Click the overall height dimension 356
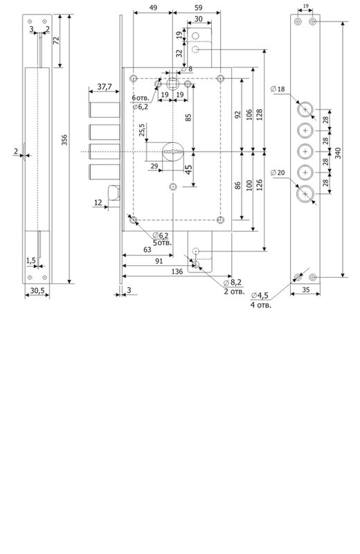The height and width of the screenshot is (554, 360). pyautogui.click(x=64, y=140)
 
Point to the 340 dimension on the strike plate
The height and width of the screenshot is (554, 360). pyautogui.click(x=338, y=153)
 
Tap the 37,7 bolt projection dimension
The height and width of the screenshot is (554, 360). pyautogui.click(x=105, y=86)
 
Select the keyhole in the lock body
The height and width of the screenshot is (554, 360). pyautogui.click(x=173, y=152)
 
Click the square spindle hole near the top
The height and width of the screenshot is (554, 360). pyautogui.click(x=173, y=84)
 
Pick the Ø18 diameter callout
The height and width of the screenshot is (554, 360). pyautogui.click(x=278, y=89)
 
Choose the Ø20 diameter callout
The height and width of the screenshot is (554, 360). pyautogui.click(x=278, y=172)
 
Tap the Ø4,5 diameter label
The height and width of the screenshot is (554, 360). pyautogui.click(x=260, y=296)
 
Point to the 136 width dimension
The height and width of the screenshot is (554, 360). pyautogui.click(x=177, y=271)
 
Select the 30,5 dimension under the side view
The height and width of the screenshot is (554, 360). pyautogui.click(x=37, y=290)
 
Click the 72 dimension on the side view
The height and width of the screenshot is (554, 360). pyautogui.click(x=56, y=40)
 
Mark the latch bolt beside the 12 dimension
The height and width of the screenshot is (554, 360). pyautogui.click(x=114, y=193)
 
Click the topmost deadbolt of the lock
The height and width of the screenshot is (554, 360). pyautogui.click(x=105, y=110)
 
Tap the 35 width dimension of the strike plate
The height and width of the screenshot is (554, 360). pyautogui.click(x=306, y=289)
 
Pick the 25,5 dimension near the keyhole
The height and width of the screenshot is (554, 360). pyautogui.click(x=142, y=130)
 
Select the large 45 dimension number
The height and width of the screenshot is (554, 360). pyautogui.click(x=189, y=170)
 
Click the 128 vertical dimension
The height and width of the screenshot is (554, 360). pyautogui.click(x=260, y=114)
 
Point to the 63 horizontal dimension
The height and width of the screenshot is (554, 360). pyautogui.click(x=147, y=250)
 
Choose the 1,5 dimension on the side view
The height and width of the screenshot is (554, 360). pyautogui.click(x=30, y=261)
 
